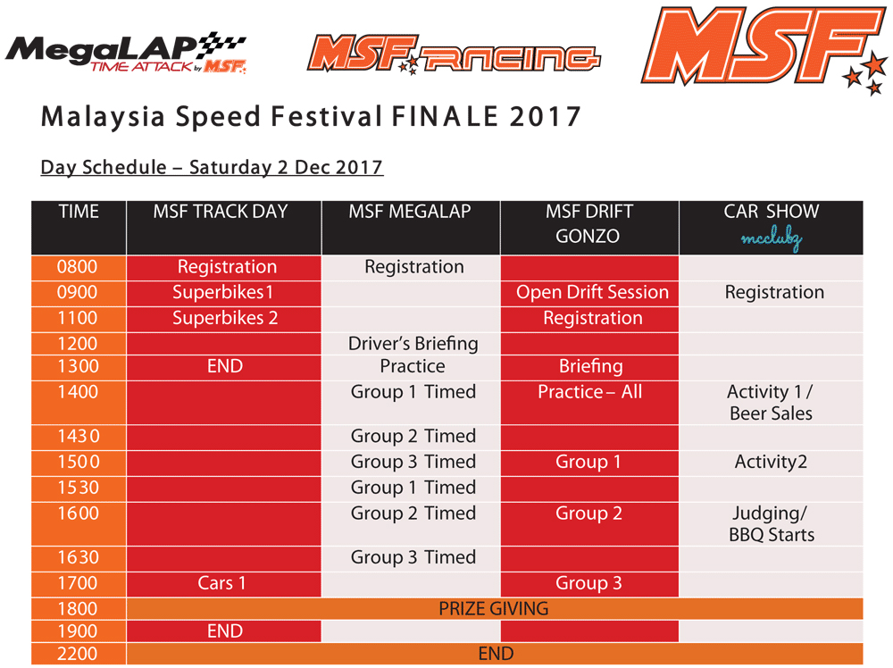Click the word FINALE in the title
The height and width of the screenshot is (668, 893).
click(x=445, y=117)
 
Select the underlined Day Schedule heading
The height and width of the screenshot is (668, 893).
click(x=212, y=167)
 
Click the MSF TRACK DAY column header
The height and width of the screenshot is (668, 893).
click(x=221, y=212)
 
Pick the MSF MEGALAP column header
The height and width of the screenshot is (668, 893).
click(x=410, y=212)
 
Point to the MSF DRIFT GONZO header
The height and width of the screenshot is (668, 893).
click(x=588, y=223)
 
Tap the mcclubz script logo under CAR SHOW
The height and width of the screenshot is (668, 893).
click(x=772, y=239)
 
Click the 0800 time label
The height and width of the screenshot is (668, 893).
click(x=78, y=266)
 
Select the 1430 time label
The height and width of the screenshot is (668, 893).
click(x=79, y=436)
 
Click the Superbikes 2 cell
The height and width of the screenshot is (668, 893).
click(x=225, y=318)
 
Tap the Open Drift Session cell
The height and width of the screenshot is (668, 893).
click(x=592, y=292)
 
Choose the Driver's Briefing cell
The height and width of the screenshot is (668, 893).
click(x=413, y=344)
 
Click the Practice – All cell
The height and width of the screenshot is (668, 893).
click(x=590, y=392)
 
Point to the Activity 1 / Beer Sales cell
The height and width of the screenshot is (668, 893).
click(x=772, y=403)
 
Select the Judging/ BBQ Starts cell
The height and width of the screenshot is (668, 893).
click(x=772, y=524)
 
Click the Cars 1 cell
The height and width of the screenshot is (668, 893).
click(x=221, y=583)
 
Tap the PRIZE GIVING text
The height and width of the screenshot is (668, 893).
click(x=494, y=609)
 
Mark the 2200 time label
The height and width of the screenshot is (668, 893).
click(x=78, y=654)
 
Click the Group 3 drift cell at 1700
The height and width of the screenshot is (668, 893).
click(x=588, y=583)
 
